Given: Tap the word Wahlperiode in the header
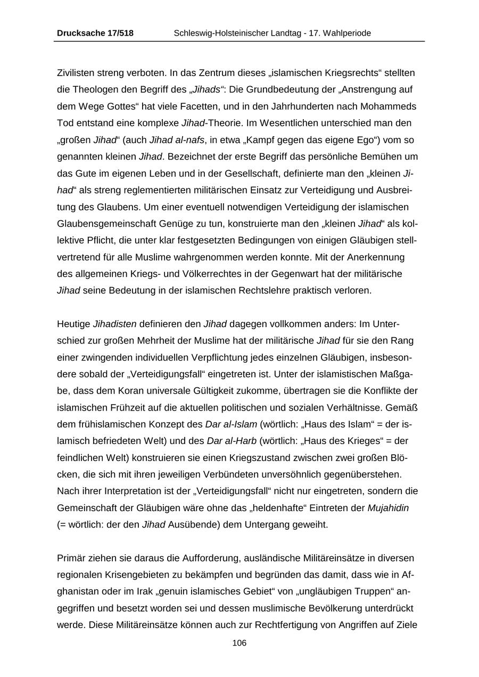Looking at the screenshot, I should (347, 33).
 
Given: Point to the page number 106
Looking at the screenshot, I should (240, 643).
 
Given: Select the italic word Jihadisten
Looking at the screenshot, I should (115, 324).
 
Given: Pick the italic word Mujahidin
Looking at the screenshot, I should (388, 508).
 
